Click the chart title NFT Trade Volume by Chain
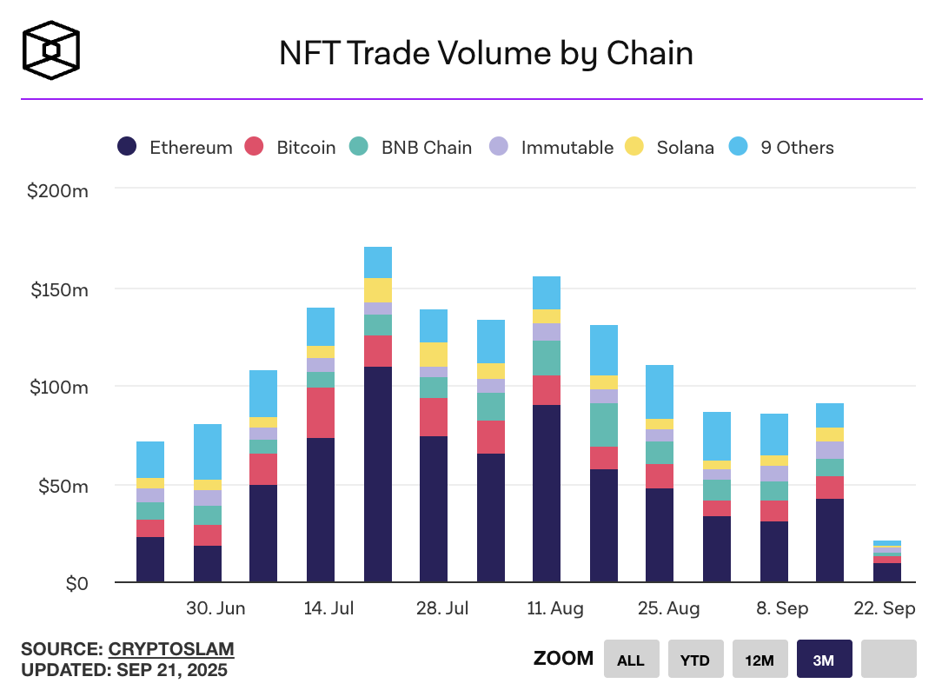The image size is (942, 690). pyautogui.click(x=486, y=54)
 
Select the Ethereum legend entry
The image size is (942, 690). pyautogui.click(x=175, y=148)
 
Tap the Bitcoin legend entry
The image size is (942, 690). pyautogui.click(x=291, y=148)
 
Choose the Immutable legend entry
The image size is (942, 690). pyautogui.click(x=552, y=148)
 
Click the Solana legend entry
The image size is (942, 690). pyautogui.click(x=671, y=148)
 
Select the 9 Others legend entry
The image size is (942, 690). pyautogui.click(x=782, y=148)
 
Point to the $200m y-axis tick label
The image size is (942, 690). pyautogui.click(x=58, y=190)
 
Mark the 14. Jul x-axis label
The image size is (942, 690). pyautogui.click(x=328, y=608)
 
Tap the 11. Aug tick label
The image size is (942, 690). pyautogui.click(x=555, y=608)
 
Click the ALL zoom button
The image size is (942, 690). pyautogui.click(x=631, y=660)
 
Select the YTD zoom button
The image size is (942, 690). pyautogui.click(x=695, y=660)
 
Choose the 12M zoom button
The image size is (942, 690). pyautogui.click(x=760, y=660)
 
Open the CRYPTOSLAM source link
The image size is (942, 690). pyautogui.click(x=171, y=649)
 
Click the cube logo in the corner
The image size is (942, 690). pyautogui.click(x=52, y=50)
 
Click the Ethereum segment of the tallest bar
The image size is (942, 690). pyautogui.click(x=378, y=474)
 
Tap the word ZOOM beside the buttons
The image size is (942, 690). pyautogui.click(x=564, y=659)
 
